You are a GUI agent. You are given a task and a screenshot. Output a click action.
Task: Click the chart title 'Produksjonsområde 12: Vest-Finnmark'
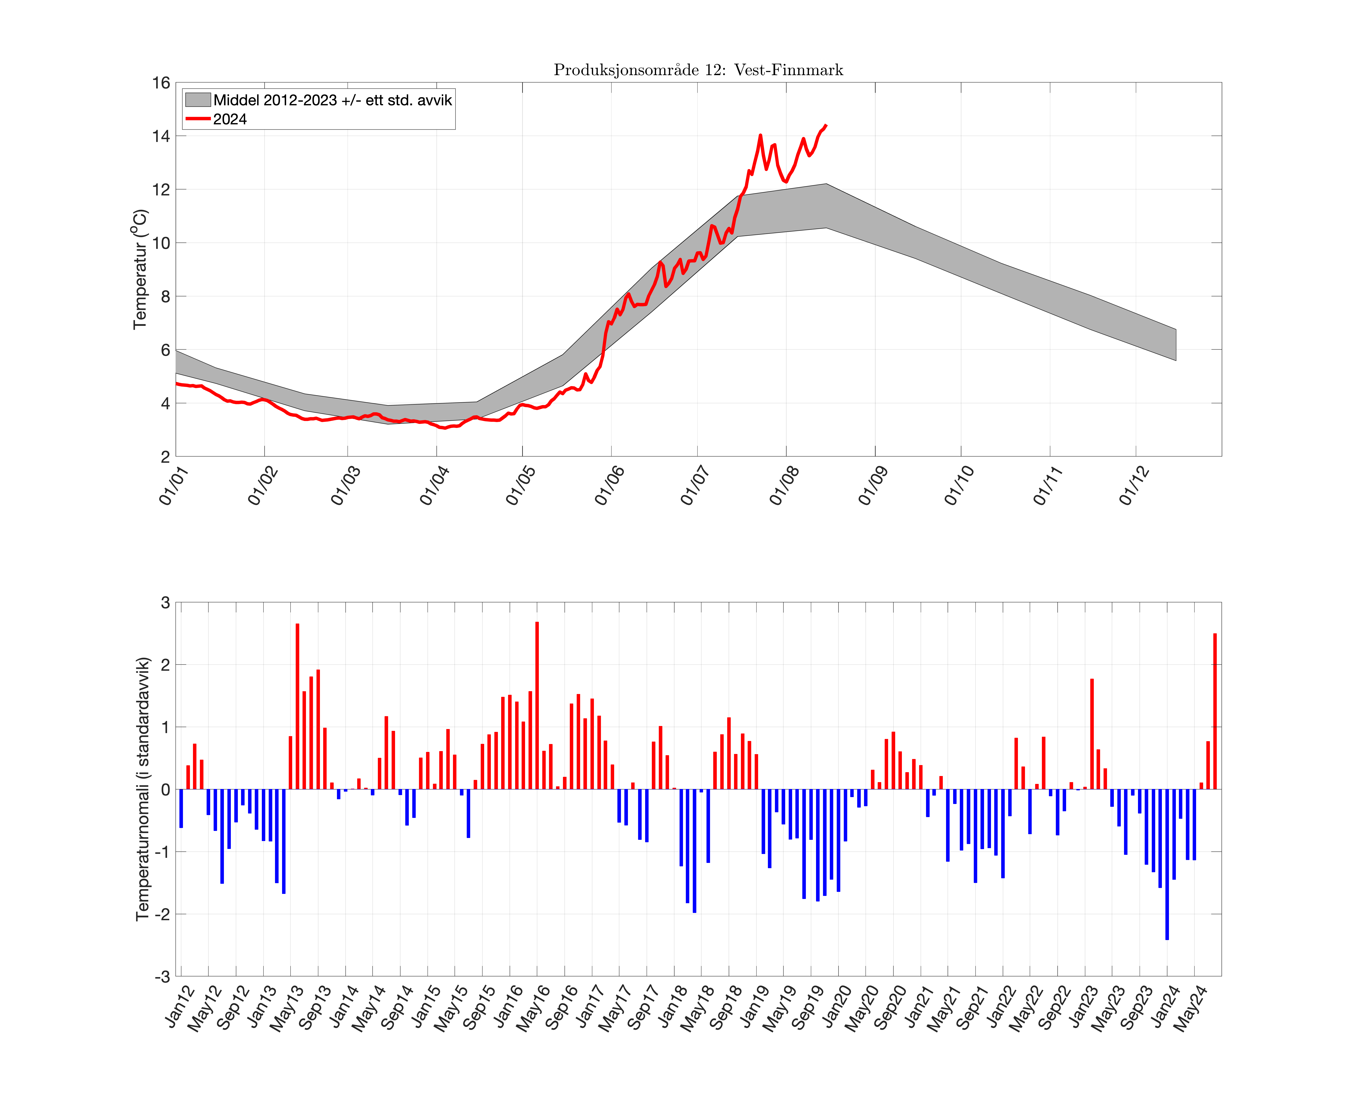point(698,70)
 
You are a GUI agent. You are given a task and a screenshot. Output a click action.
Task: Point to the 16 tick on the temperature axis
point(161,83)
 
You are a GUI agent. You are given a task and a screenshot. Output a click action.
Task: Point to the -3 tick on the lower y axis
point(162,976)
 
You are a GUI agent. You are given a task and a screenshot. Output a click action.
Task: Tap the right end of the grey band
point(1175,344)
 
